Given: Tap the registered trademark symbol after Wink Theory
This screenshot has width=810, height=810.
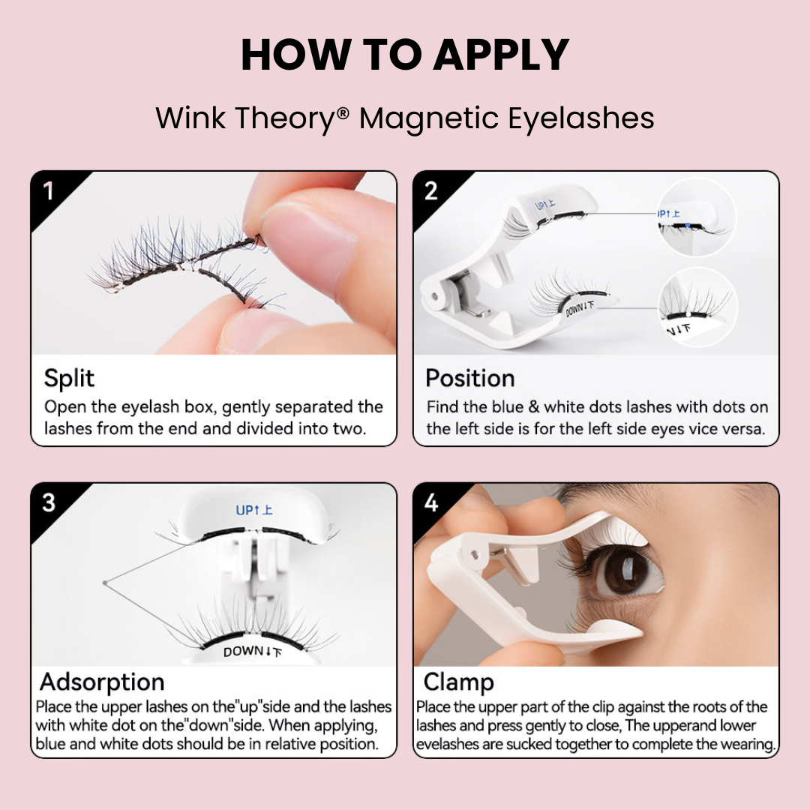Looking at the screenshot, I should pos(343,113).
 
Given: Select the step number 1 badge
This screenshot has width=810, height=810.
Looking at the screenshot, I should pos(49,191).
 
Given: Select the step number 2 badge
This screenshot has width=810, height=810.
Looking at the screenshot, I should pos(430,191).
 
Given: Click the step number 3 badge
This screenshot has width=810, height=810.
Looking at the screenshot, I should pos(49,502).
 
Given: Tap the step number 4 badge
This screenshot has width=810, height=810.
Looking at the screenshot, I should pos(430,502).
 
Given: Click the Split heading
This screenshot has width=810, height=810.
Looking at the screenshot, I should pos(69,378).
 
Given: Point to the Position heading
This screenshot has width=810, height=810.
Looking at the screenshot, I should pos(470,378).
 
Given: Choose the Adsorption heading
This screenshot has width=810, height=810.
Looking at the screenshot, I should pos(102,682).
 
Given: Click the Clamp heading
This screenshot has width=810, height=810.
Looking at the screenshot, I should pos(458,682).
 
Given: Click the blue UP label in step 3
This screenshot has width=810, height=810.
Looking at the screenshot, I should pos(253,510).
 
